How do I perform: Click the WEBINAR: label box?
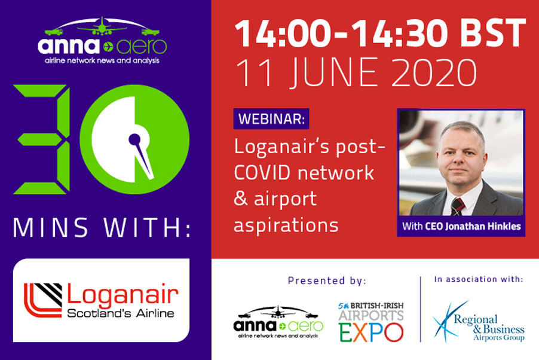click(x=271, y=119)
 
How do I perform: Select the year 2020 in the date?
click(x=434, y=72)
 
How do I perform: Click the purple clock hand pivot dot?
click(x=134, y=139)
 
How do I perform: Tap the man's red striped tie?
click(x=457, y=206)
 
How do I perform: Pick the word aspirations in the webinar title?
click(x=286, y=225)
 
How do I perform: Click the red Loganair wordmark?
click(x=122, y=294)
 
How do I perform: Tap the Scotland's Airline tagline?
click(x=121, y=313)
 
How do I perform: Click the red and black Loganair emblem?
click(x=43, y=300)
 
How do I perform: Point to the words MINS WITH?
click(x=102, y=228)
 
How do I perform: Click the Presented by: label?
click(x=327, y=281)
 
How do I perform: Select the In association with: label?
click(x=479, y=279)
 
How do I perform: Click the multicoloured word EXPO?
click(x=371, y=332)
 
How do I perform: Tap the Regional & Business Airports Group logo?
click(x=479, y=322)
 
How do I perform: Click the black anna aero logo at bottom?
click(x=278, y=322)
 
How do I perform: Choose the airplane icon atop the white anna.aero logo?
click(x=102, y=26)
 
